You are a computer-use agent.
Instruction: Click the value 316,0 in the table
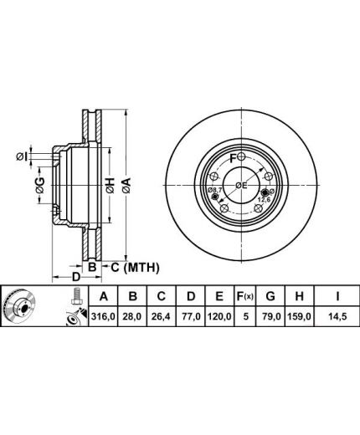click(x=103, y=316)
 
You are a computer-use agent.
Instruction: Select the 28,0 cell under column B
click(x=132, y=316)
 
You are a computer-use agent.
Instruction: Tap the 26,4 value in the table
click(x=161, y=316)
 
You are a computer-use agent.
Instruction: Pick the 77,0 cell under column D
click(x=191, y=316)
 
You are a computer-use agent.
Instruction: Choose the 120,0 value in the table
click(x=219, y=316)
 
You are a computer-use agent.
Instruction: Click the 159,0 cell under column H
click(x=299, y=316)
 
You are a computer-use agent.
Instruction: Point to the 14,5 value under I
click(x=337, y=316)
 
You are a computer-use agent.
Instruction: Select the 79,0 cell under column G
click(x=270, y=316)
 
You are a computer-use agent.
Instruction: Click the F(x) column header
click(x=245, y=296)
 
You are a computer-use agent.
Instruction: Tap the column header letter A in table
click(x=104, y=296)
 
